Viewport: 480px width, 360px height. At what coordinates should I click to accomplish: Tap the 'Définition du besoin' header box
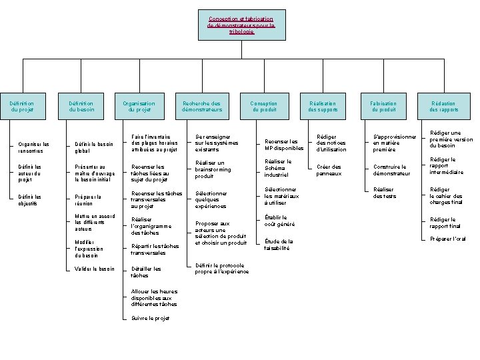[82, 106]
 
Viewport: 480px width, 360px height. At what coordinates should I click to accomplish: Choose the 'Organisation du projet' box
[139, 106]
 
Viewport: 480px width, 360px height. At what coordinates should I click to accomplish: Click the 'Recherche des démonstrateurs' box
[202, 106]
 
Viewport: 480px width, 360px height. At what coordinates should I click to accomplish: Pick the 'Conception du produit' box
[264, 106]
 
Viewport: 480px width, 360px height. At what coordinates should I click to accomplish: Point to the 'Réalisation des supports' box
[323, 106]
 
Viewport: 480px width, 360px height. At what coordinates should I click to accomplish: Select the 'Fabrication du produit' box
[384, 106]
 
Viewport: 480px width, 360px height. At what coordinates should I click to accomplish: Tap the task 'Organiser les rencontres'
[34, 147]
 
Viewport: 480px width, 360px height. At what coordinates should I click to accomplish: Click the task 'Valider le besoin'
[94, 269]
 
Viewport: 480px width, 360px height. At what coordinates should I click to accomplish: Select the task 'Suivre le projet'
[151, 318]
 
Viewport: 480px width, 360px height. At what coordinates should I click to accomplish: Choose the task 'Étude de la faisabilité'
[278, 245]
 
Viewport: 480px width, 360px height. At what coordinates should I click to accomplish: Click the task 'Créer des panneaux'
[329, 170]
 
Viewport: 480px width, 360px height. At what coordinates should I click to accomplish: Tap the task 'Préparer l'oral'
[448, 239]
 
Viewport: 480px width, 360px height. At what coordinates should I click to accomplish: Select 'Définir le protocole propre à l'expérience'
[223, 268]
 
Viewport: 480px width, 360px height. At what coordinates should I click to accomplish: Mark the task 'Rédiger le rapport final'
[445, 223]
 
